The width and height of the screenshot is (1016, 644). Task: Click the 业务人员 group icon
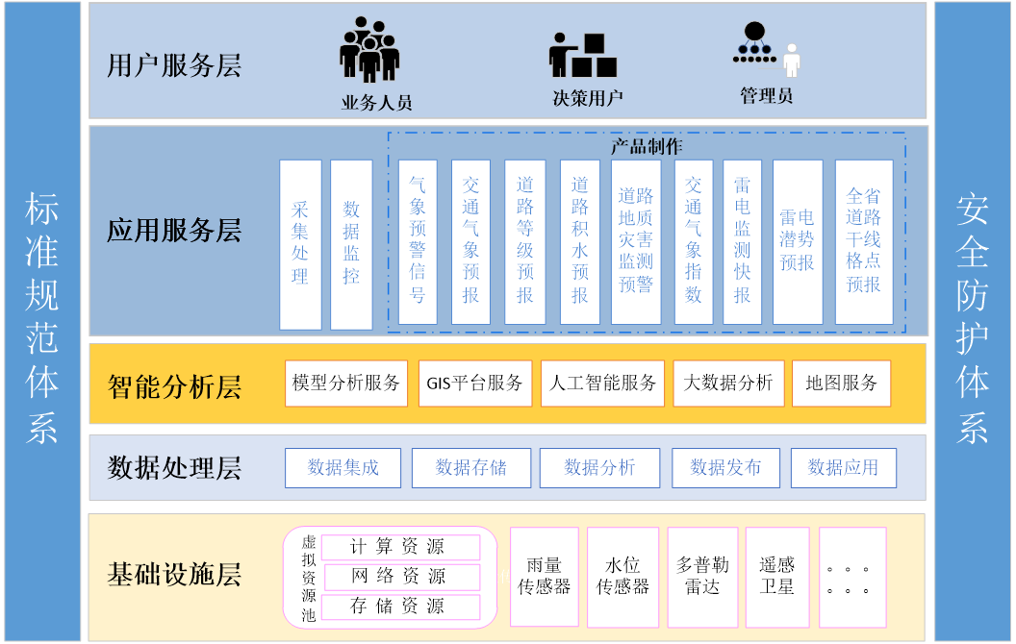click(x=368, y=50)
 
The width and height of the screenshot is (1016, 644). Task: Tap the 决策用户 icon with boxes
click(x=583, y=56)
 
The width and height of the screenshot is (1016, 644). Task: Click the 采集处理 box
click(x=300, y=244)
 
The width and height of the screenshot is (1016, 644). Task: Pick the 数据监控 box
click(x=351, y=244)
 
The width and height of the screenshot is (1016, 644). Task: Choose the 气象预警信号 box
click(x=418, y=241)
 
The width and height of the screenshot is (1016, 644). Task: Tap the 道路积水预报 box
click(x=579, y=241)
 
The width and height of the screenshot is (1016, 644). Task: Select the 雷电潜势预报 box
click(x=798, y=241)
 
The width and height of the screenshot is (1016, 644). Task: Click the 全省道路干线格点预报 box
click(x=863, y=241)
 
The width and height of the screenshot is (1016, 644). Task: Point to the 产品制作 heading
click(x=647, y=147)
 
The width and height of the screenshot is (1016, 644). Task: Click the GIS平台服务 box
click(x=475, y=384)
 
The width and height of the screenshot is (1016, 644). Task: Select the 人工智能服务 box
click(x=603, y=384)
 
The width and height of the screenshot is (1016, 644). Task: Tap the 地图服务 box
click(x=842, y=384)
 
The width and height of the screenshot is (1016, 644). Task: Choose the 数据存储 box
click(x=471, y=468)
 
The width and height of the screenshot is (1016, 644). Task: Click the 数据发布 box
click(x=726, y=468)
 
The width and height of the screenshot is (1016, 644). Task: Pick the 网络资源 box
click(x=400, y=577)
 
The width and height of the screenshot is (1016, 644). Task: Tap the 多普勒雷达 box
click(x=701, y=576)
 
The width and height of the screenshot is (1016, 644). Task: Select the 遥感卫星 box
click(x=776, y=576)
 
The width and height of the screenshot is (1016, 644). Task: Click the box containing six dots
click(x=851, y=577)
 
